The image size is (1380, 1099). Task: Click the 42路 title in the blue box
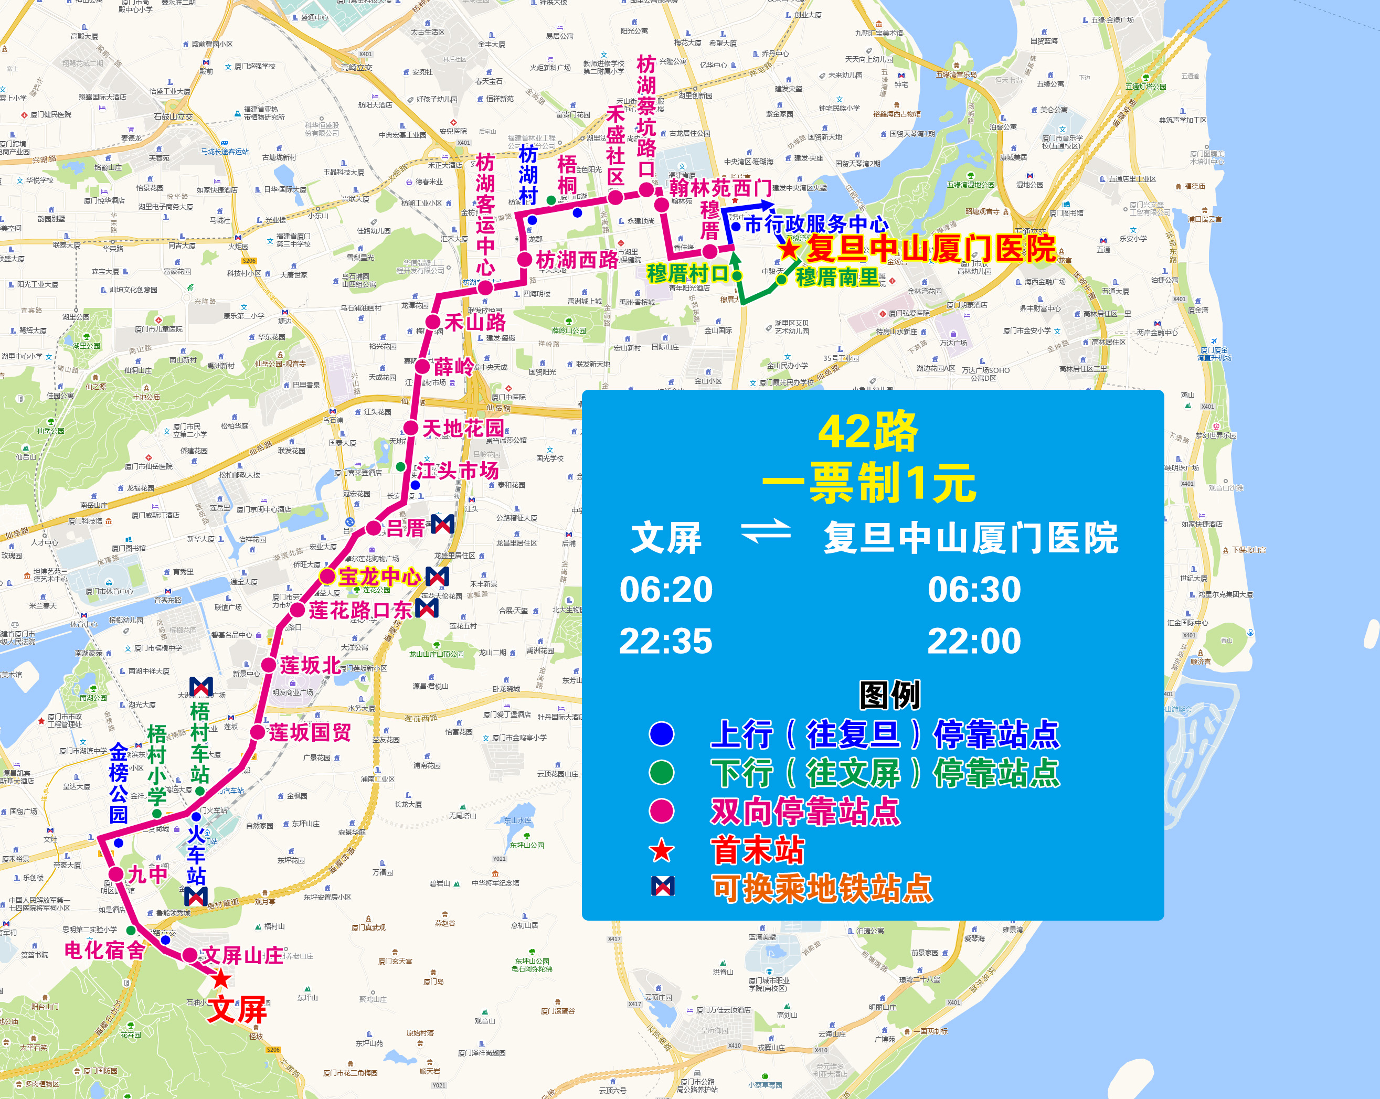tap(868, 432)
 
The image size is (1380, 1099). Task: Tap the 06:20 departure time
tap(666, 590)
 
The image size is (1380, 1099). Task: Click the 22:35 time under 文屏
tap(666, 641)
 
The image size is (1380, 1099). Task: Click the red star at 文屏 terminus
tap(221, 978)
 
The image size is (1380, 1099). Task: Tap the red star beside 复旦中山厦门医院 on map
tap(789, 249)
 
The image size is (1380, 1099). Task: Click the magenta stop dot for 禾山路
tap(433, 322)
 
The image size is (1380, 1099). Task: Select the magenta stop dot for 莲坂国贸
tap(257, 732)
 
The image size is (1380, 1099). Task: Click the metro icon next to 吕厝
tap(442, 524)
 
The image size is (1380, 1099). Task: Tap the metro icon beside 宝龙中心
tap(437, 576)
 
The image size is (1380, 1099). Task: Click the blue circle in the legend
tap(661, 733)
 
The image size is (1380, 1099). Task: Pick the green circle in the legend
tap(661, 773)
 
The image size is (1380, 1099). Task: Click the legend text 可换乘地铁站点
tap(823, 889)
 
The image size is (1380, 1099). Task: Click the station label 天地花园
tap(463, 428)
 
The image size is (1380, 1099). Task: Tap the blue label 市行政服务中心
tap(816, 225)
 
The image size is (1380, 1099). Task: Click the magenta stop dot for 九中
tap(116, 874)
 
